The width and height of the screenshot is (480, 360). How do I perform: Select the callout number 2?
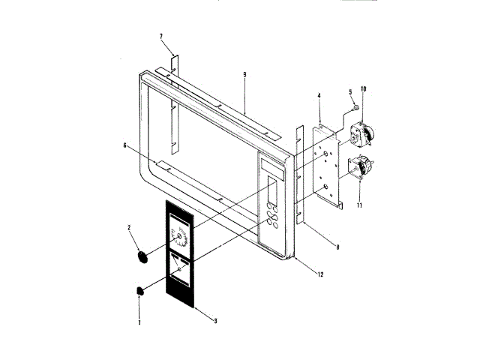pos(129,227)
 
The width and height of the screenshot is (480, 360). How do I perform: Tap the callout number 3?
pos(215,321)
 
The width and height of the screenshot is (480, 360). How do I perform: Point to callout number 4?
pos(319,96)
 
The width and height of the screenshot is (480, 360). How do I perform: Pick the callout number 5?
pos(349,92)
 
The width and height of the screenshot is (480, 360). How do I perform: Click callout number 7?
pos(161,36)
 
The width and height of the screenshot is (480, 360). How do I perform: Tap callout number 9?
pos(244,75)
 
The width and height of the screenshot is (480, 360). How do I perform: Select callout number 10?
pos(364,89)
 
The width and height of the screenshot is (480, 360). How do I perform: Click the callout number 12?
pos(319,275)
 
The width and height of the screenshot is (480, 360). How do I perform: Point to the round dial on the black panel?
pos(180,238)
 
